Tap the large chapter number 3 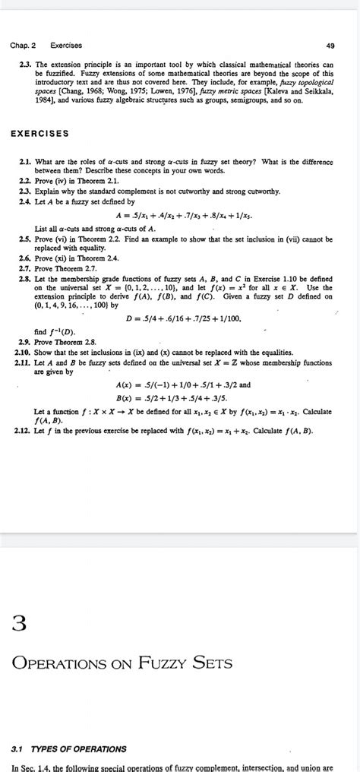[21, 625]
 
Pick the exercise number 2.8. [25, 280]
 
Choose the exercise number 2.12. [23, 431]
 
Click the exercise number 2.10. [23, 353]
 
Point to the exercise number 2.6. [25, 258]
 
